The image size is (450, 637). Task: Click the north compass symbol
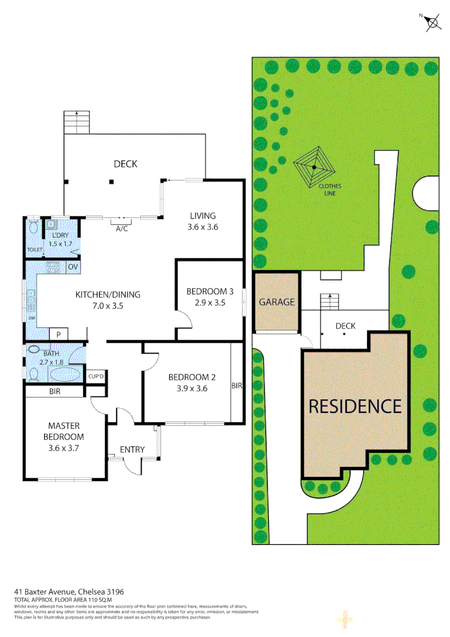click(432, 22)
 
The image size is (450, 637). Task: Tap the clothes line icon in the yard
click(314, 168)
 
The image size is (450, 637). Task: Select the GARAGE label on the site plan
click(277, 302)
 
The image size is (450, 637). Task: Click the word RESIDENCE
click(355, 406)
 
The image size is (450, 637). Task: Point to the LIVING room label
click(202, 216)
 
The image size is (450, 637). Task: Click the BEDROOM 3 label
click(210, 291)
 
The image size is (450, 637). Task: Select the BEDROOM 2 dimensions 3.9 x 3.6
click(188, 388)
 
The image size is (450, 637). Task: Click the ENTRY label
click(132, 449)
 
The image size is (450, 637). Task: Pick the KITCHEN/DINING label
click(107, 295)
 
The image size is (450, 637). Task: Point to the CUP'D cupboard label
click(96, 376)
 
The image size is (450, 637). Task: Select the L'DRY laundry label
click(61, 236)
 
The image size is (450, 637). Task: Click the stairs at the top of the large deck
click(77, 122)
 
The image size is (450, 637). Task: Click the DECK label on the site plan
click(345, 326)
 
